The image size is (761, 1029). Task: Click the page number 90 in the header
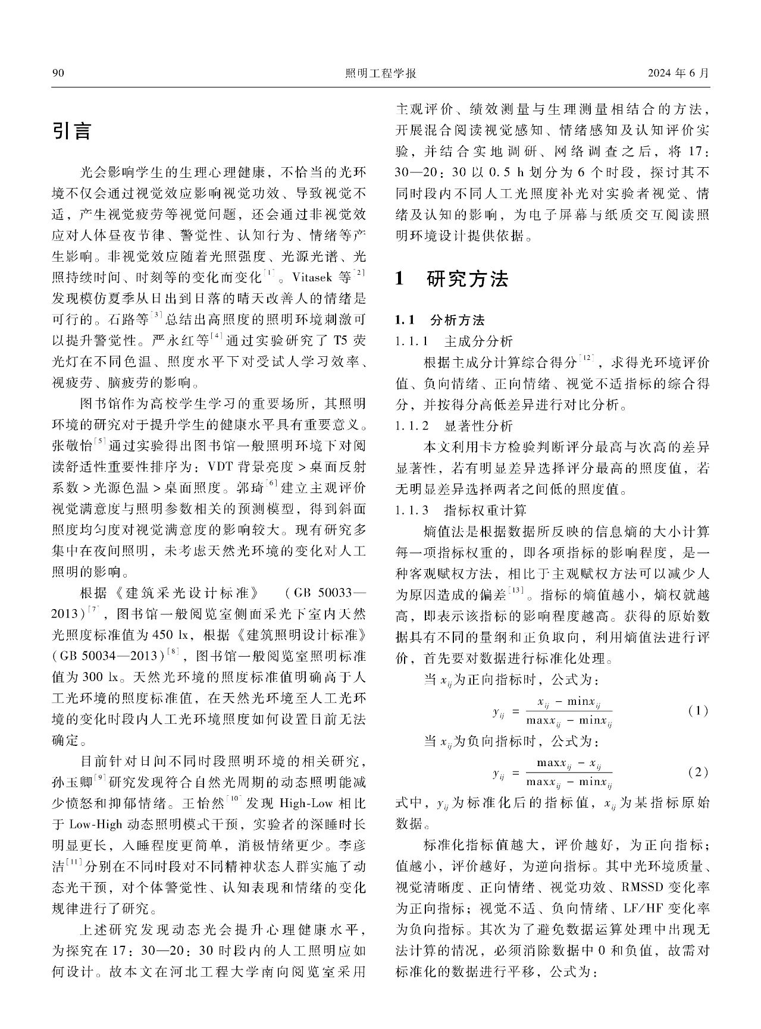pyautogui.click(x=58, y=74)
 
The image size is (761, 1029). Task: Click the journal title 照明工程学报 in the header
pyautogui.click(x=380, y=74)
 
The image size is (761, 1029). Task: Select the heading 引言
pyautogui.click(x=71, y=131)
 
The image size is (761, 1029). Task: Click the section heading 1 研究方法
pyautogui.click(x=452, y=278)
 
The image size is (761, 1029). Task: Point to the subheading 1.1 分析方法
pyautogui.click(x=440, y=321)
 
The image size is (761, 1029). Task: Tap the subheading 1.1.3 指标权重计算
pyautogui.click(x=461, y=510)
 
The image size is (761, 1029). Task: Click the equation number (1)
pyautogui.click(x=697, y=711)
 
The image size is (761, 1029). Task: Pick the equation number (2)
pyautogui.click(x=697, y=773)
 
